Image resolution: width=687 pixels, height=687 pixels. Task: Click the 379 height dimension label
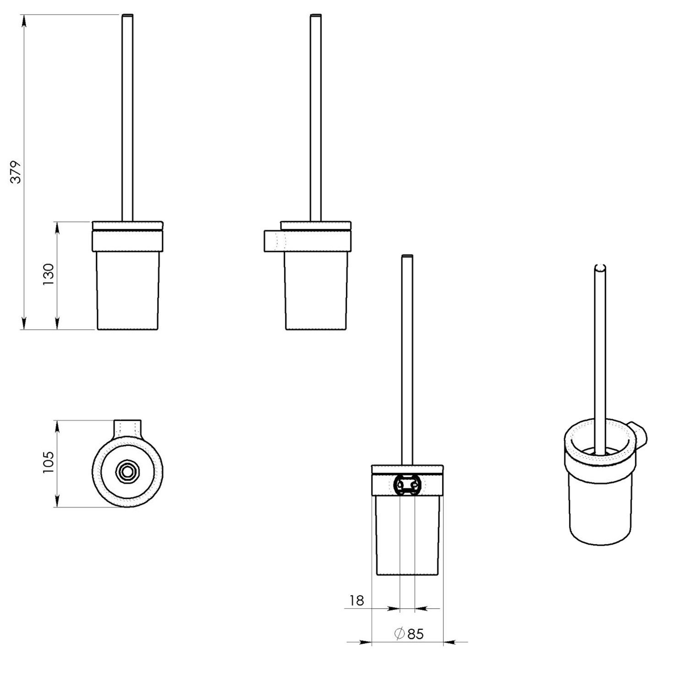point(17,172)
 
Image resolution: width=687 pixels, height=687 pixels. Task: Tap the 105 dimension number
point(49,463)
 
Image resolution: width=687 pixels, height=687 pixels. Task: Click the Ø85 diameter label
point(409,634)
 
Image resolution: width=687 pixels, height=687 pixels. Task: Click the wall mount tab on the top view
point(128,428)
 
